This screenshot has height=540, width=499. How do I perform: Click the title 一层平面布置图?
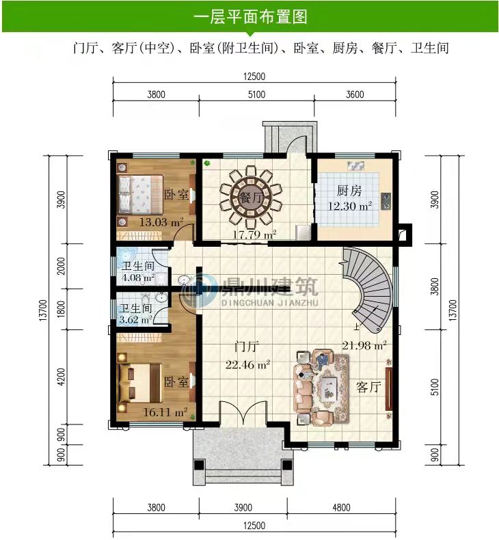[x=250, y=16]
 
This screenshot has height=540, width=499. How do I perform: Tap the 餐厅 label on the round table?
[x=251, y=198]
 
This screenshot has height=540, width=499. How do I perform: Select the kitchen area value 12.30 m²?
[x=350, y=206]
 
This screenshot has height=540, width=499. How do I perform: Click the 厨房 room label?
[x=349, y=191]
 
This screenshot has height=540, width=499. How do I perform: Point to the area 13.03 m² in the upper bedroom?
[x=161, y=222]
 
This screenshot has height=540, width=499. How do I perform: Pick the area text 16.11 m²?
[x=165, y=411]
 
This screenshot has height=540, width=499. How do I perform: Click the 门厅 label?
[x=247, y=346]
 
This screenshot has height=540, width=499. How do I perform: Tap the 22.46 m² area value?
[x=247, y=364]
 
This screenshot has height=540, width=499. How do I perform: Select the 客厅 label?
[x=368, y=387]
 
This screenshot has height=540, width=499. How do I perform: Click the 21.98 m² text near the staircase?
[x=364, y=345]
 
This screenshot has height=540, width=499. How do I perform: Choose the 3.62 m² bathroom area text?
[x=135, y=319]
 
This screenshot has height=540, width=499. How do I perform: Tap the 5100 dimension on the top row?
[x=256, y=94]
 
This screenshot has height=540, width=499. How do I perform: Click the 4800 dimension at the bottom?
[x=341, y=507]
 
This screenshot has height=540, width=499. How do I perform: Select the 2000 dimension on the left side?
[x=61, y=266]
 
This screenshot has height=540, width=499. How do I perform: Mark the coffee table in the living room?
[x=327, y=388]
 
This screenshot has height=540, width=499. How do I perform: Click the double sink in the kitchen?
[x=356, y=165]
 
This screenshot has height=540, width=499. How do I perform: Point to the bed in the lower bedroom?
[x=140, y=382]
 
